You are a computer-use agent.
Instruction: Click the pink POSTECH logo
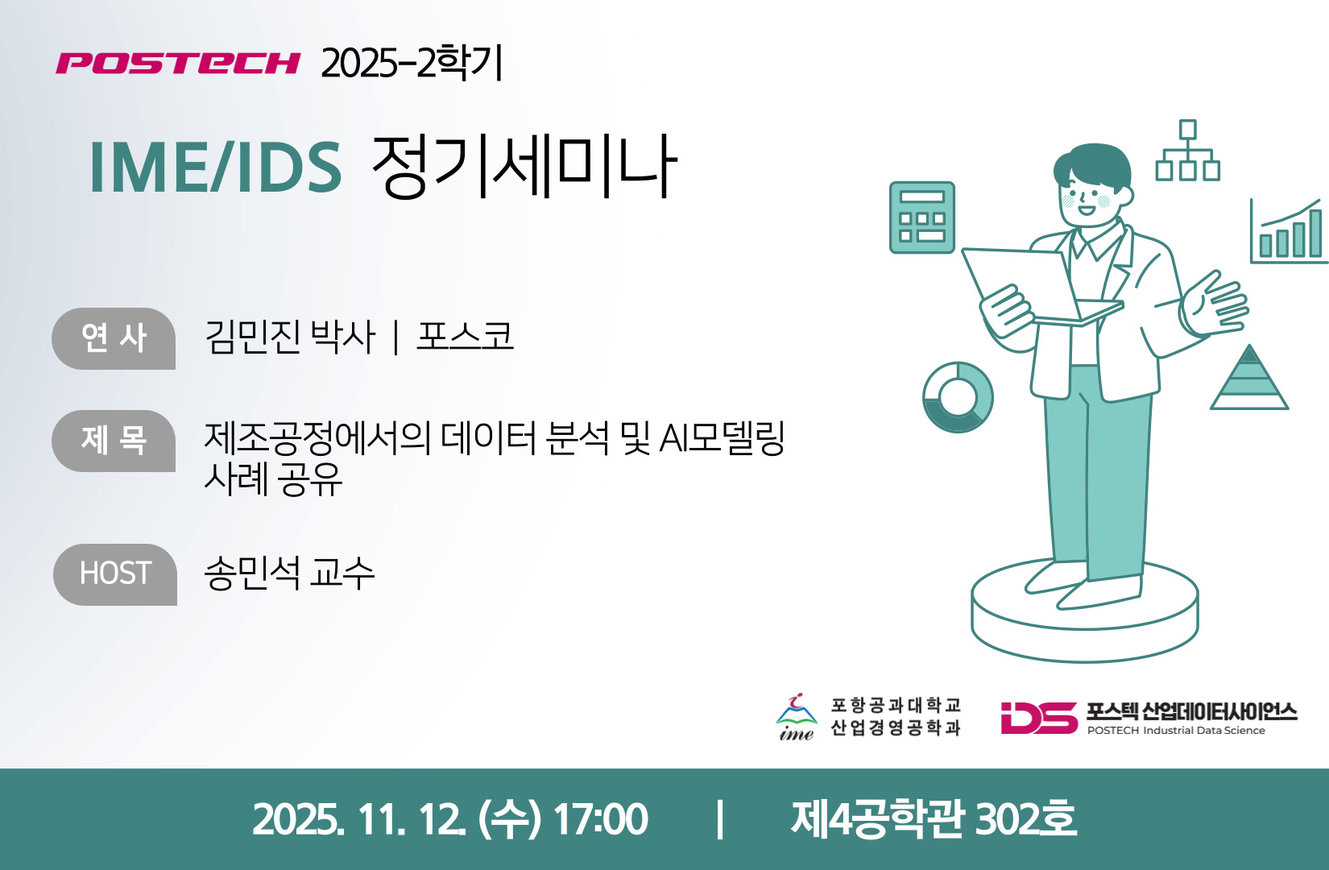[x=178, y=63]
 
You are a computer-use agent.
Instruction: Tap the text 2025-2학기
[x=412, y=62]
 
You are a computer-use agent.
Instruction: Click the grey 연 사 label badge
[x=114, y=338]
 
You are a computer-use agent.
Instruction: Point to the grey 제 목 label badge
[x=114, y=441]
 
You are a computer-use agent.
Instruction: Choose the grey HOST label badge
[x=115, y=574]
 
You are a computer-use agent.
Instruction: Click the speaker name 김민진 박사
[x=290, y=337]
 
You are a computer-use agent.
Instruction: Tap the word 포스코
[x=465, y=336]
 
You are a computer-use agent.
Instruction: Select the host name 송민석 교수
[x=289, y=574]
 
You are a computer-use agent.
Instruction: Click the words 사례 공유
[x=273, y=478]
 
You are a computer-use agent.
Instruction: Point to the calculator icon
[x=922, y=217]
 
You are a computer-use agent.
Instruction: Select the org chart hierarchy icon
[x=1188, y=151]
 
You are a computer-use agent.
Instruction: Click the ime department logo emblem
[x=797, y=717]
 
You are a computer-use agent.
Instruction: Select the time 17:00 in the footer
[x=600, y=819]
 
